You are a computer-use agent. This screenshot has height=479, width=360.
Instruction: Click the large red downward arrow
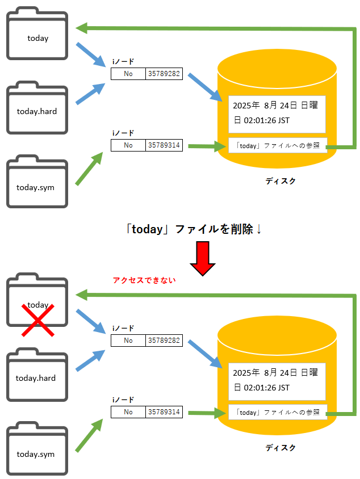(x=203, y=259)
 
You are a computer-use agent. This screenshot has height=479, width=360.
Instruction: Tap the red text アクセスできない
(x=144, y=280)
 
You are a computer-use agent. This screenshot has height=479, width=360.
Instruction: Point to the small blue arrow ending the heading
(x=259, y=230)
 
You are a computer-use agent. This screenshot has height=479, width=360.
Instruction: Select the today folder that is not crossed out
(x=37, y=34)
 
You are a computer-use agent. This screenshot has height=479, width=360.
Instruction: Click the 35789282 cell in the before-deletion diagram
(x=164, y=74)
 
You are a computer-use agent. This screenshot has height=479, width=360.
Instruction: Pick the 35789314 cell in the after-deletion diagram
(x=164, y=412)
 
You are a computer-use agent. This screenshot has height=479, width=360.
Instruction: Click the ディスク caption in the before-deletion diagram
(x=281, y=181)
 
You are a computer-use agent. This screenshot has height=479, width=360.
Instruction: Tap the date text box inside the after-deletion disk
(x=277, y=381)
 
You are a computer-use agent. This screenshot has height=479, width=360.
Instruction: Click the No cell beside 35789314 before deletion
(x=128, y=146)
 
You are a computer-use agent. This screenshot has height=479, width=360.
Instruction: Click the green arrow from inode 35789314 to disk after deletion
(x=204, y=413)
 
